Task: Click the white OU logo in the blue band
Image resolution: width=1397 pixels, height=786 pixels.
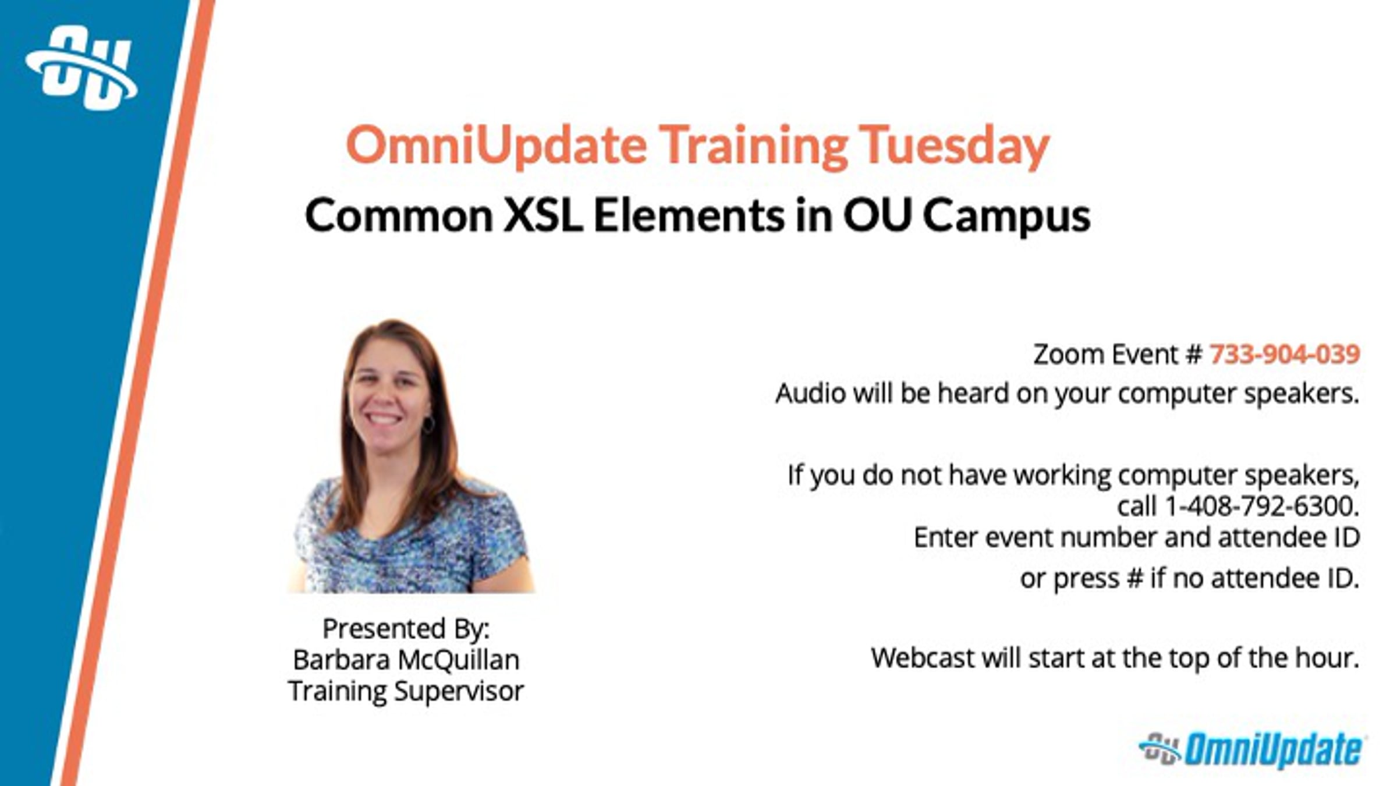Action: click(x=81, y=68)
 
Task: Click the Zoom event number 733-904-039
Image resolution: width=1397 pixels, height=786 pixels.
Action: click(x=1285, y=354)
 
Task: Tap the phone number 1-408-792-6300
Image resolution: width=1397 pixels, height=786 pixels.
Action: click(x=1262, y=506)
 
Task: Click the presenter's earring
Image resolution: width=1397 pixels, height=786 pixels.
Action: click(x=428, y=424)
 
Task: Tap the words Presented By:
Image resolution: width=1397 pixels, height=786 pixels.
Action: click(x=406, y=629)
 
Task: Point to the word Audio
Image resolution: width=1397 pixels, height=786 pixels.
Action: click(x=811, y=394)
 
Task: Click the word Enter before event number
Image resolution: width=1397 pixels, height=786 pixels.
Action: click(x=946, y=537)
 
